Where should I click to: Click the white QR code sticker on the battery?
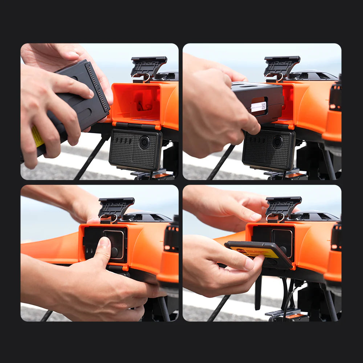[x=258, y=106]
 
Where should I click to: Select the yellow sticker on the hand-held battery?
[x=37, y=136]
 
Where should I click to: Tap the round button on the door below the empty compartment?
[x=144, y=142]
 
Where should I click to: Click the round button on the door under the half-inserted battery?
[x=278, y=141]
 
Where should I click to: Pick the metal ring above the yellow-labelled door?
[x=275, y=217]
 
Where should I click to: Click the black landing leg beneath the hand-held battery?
[x=91, y=158]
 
